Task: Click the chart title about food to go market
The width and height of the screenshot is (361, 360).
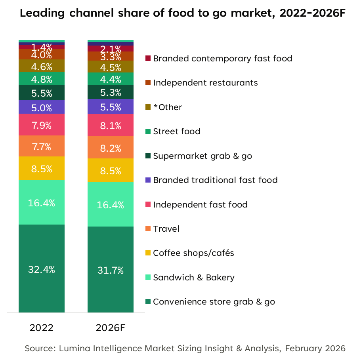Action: (x=183, y=13)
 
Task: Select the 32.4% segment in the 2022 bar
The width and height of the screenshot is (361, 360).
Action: (x=42, y=269)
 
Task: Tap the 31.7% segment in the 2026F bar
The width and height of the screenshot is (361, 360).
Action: (x=111, y=270)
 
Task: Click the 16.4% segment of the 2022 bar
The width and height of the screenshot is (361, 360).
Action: (x=42, y=203)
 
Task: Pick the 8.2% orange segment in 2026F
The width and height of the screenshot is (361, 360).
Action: (x=111, y=148)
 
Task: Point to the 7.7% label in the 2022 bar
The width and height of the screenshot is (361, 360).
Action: (x=42, y=147)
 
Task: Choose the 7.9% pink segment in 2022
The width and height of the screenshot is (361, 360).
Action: (x=42, y=125)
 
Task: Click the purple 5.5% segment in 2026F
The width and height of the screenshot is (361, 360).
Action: (x=111, y=107)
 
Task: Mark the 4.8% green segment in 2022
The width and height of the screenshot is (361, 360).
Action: (x=42, y=79)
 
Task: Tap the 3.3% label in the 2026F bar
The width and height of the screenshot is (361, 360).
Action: (x=111, y=57)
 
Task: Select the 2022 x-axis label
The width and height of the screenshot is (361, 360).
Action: (x=42, y=328)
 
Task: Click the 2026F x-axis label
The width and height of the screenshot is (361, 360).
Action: (x=111, y=328)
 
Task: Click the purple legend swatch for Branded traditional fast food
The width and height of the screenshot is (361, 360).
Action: (x=149, y=180)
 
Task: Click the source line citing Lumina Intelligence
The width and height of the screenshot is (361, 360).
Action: (x=185, y=349)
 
